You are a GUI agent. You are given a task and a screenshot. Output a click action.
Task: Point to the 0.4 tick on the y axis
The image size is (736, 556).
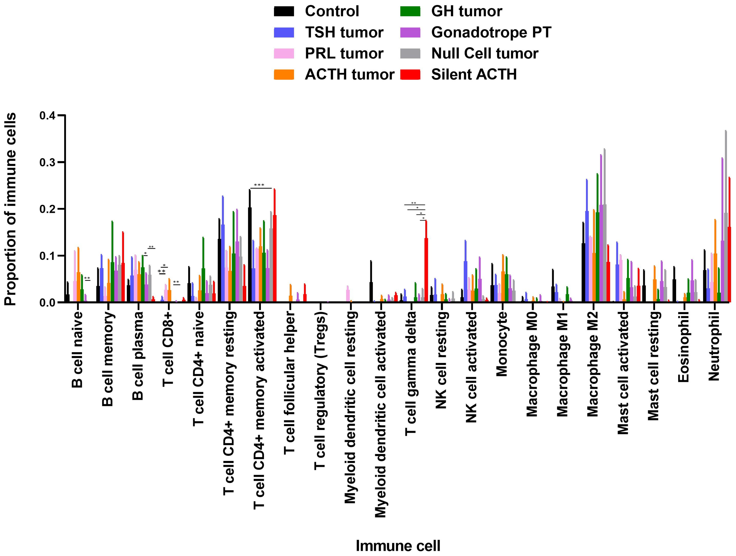tap(48, 116)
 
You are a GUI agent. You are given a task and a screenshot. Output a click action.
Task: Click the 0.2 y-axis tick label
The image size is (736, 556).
tap(48, 209)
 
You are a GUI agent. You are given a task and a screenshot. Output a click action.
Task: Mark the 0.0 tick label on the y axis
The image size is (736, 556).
tap(48, 302)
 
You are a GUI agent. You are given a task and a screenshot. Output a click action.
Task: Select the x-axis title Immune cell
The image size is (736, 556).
tap(398, 546)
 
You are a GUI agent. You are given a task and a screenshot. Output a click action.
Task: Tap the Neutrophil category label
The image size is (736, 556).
tap(714, 346)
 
